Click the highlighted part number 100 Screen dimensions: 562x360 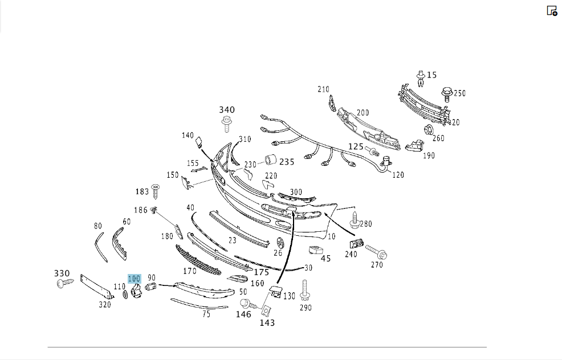coord(135,279)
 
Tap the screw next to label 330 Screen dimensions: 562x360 coord(65,283)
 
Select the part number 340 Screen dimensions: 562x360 coord(227,109)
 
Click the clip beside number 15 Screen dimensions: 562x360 coord(421,79)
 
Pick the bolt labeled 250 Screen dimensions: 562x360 coord(446,94)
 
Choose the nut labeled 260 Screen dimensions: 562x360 coord(428,130)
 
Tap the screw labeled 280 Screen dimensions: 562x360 coord(355,220)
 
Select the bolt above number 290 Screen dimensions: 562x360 coord(305,291)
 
